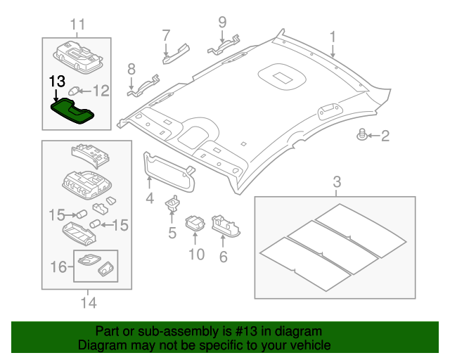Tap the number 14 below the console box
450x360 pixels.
pyautogui.click(x=87, y=303)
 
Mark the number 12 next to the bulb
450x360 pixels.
pyautogui.click(x=102, y=90)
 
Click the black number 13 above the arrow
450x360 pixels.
pyautogui.click(x=58, y=80)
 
